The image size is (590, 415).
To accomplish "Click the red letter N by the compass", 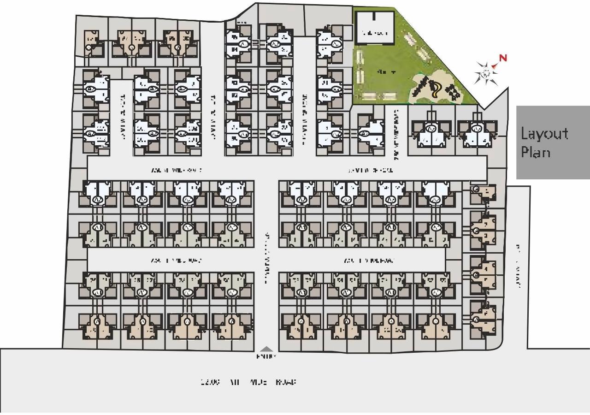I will [x=503, y=58].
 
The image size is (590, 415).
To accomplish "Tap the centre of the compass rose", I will [x=485, y=73].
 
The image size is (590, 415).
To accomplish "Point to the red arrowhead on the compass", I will [x=495, y=66].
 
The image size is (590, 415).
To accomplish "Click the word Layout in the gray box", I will [x=544, y=134].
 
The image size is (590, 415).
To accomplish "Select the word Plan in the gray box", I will [x=536, y=152].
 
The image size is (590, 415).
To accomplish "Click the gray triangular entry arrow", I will [x=267, y=349].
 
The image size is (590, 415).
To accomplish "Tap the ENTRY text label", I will [x=266, y=356].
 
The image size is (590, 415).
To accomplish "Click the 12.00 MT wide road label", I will [x=248, y=382].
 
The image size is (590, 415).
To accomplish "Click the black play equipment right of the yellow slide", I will [x=454, y=93].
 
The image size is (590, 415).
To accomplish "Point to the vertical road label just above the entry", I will [x=267, y=258].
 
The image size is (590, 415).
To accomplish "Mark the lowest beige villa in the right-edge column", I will [x=482, y=319].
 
